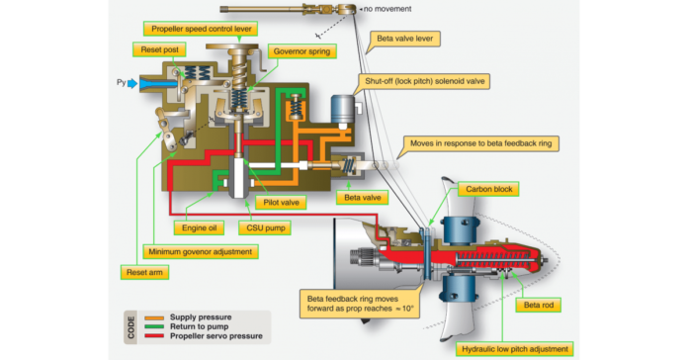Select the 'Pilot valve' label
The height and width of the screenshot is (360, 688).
(x=282, y=202)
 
